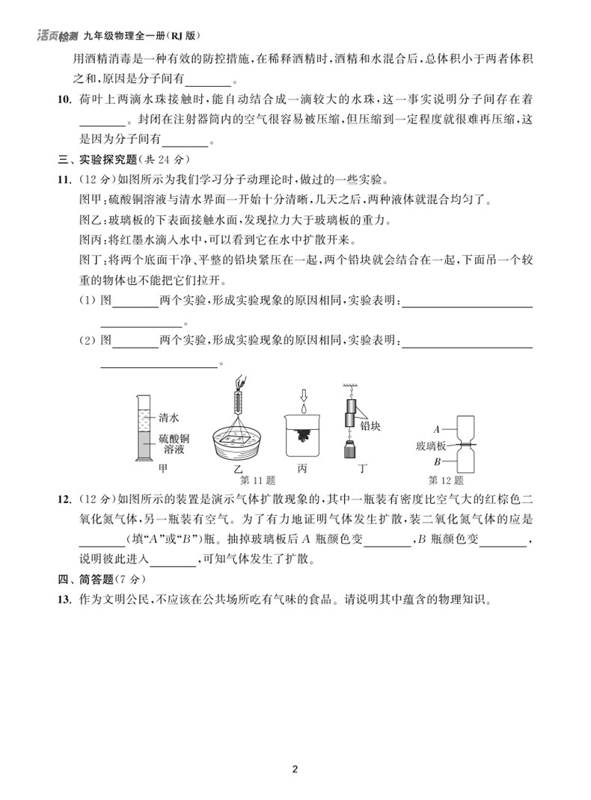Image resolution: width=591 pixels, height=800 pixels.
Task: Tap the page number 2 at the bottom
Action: [x=295, y=769]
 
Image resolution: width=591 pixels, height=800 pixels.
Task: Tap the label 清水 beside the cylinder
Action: [x=169, y=418]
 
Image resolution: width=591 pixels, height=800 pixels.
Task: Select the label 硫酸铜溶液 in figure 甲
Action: [x=174, y=444]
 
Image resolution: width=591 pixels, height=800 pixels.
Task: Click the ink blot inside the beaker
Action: [x=306, y=434]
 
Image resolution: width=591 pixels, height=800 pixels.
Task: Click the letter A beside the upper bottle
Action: [x=436, y=429]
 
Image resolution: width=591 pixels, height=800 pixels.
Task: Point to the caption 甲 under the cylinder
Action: [x=163, y=470]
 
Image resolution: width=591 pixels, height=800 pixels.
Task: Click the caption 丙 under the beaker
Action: [x=302, y=470]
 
